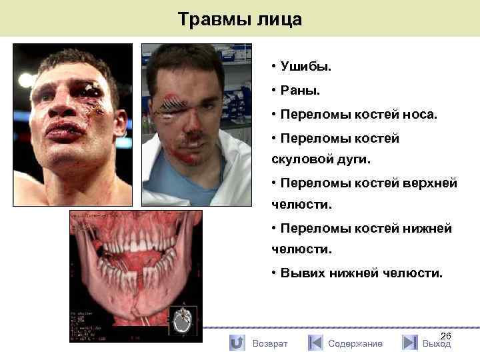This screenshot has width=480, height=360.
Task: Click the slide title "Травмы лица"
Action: pyautogui.click(x=240, y=19)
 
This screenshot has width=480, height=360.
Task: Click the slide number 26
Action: pyautogui.click(x=446, y=336)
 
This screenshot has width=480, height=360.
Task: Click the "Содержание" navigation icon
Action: pyautogui.click(x=315, y=343)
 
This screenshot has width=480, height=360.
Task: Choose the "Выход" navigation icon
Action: pyautogui.click(x=410, y=343)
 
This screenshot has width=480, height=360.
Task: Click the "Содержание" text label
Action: pyautogui.click(x=355, y=343)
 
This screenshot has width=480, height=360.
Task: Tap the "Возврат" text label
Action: pyautogui.click(x=270, y=343)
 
